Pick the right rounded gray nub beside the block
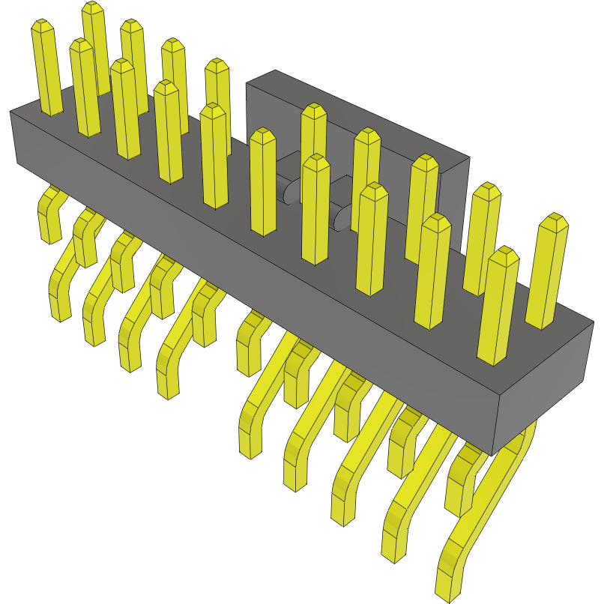click(x=344, y=218)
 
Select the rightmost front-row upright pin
click(x=498, y=307)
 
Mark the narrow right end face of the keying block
click(x=454, y=202)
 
